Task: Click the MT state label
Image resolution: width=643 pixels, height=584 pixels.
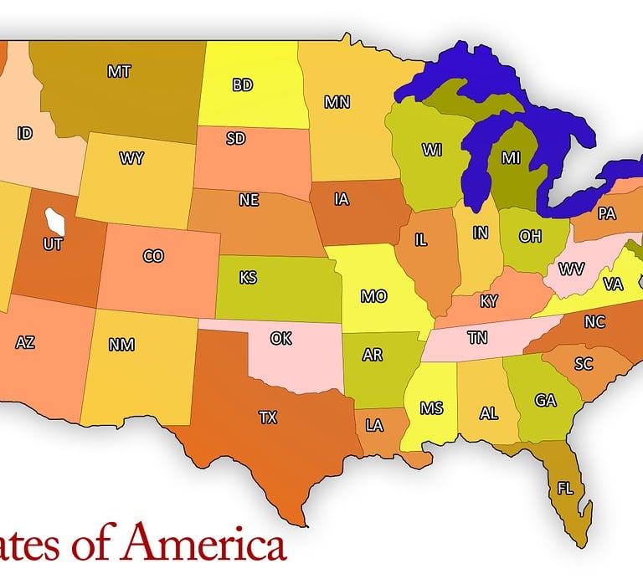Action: pyautogui.click(x=119, y=72)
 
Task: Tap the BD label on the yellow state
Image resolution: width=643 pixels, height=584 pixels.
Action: pyautogui.click(x=243, y=85)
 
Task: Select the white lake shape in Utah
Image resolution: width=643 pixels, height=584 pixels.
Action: pyautogui.click(x=55, y=222)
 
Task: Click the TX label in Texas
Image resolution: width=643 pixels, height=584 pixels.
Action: pyautogui.click(x=268, y=417)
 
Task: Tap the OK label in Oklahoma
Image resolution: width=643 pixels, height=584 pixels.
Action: pyautogui.click(x=281, y=339)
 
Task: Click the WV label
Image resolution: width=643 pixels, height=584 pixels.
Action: pyautogui.click(x=572, y=269)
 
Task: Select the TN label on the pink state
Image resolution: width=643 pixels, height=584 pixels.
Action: pyautogui.click(x=477, y=338)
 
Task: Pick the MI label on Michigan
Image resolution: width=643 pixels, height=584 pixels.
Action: pyautogui.click(x=511, y=157)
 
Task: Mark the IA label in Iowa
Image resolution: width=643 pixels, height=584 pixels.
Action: pyautogui.click(x=341, y=199)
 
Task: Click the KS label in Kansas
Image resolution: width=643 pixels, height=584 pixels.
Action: pyautogui.click(x=248, y=278)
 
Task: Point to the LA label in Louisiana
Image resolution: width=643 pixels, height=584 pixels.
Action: pyautogui.click(x=374, y=426)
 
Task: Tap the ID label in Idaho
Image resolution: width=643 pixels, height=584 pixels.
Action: pyautogui.click(x=25, y=133)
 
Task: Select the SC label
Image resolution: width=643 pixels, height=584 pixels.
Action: pyautogui.click(x=584, y=364)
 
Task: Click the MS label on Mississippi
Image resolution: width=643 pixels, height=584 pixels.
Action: pyautogui.click(x=432, y=408)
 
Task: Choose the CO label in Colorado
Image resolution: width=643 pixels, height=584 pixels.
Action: pyautogui.click(x=153, y=256)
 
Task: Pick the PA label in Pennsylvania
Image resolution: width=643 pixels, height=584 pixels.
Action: pyautogui.click(x=607, y=214)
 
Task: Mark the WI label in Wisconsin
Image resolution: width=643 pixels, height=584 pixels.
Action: pyautogui.click(x=432, y=151)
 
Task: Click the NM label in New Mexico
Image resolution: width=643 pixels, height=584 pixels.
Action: pyautogui.click(x=121, y=345)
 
